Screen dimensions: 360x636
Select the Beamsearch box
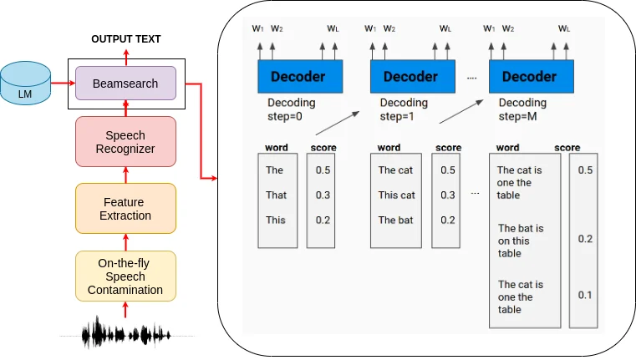(125, 84)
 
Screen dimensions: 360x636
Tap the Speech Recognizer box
(125, 142)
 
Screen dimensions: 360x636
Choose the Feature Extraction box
(125, 209)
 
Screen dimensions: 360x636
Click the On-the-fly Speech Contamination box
(125, 276)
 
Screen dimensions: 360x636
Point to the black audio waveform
(126, 334)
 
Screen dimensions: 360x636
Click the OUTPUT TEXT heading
(125, 39)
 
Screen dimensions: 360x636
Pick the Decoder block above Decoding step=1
(410, 77)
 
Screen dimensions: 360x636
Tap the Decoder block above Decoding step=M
(529, 77)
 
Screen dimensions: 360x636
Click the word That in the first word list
(276, 195)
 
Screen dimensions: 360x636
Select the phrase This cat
(396, 195)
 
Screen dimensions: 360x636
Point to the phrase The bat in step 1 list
(395, 221)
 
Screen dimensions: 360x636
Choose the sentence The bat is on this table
(521, 241)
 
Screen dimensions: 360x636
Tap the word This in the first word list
(276, 221)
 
